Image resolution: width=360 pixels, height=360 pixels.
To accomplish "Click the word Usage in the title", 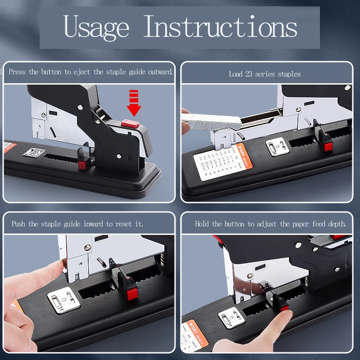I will tap(96, 27).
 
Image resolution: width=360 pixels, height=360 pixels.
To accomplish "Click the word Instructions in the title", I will tap(220, 27).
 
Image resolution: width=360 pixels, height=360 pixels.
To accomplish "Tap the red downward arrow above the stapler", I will tap(134, 103).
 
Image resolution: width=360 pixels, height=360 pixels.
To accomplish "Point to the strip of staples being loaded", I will tap(211, 122).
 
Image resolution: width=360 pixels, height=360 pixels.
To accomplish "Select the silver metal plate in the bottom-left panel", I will tap(63, 300).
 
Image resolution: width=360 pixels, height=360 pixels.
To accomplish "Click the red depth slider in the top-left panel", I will tap(82, 165).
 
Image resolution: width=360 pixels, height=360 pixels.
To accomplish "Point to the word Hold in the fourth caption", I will tap(202, 224).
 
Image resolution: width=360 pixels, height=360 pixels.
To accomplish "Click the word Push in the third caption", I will tap(18, 224).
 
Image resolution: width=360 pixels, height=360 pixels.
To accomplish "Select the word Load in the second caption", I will tap(235, 74).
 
